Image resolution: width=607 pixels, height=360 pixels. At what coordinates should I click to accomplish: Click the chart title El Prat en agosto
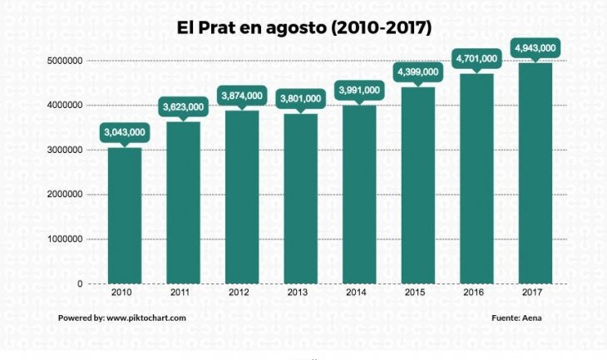pos(303,27)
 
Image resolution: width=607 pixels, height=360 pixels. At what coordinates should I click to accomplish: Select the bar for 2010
pos(125,215)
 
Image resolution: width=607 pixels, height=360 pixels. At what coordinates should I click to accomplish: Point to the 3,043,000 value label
pos(125,132)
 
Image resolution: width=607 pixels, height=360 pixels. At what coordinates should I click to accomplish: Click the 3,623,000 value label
pos(183,106)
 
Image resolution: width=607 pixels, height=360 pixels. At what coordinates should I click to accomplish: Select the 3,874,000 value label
pos(242,96)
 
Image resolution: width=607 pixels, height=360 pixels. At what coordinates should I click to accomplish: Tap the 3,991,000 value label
pos(359,90)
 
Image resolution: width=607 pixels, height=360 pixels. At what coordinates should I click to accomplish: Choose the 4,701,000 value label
pos(476,59)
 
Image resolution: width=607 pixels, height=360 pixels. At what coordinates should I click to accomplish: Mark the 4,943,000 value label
pos(535,47)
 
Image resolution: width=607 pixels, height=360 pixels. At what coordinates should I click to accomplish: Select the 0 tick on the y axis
pos(80,284)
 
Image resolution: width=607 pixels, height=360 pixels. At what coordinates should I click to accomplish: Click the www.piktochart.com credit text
pos(146,318)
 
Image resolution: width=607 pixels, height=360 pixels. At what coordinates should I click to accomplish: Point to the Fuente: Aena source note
pos(516,318)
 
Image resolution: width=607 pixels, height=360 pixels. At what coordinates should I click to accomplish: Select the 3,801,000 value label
pos(300,98)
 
